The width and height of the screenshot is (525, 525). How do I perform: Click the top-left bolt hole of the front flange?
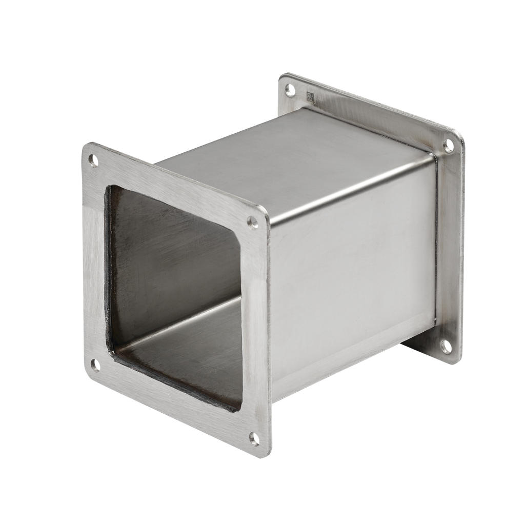[93, 160]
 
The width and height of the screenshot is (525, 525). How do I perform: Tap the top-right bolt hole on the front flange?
[253, 222]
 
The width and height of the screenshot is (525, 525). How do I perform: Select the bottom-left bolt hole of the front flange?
[95, 365]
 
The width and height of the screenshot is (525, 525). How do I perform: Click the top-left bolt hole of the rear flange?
[290, 90]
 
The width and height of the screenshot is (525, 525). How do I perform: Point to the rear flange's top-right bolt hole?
[449, 146]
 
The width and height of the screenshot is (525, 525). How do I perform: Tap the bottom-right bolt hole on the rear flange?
[447, 347]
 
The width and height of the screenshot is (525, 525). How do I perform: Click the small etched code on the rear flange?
[310, 96]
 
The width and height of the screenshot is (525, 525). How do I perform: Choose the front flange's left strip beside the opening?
[96, 261]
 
